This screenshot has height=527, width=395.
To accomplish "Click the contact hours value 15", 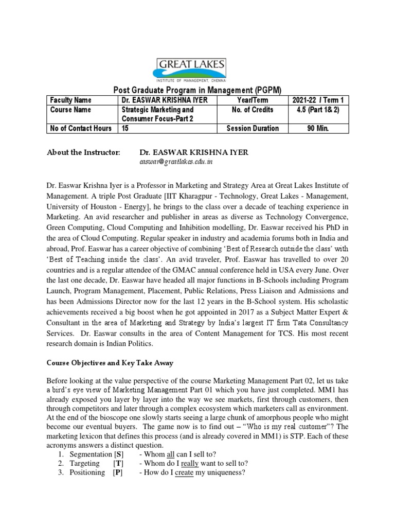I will click(125, 128).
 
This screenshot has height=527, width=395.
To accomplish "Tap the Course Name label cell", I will click(70, 110).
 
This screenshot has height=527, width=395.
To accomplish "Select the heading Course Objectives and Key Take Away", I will click(110, 363).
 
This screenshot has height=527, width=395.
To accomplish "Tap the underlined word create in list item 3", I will click(184, 472).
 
